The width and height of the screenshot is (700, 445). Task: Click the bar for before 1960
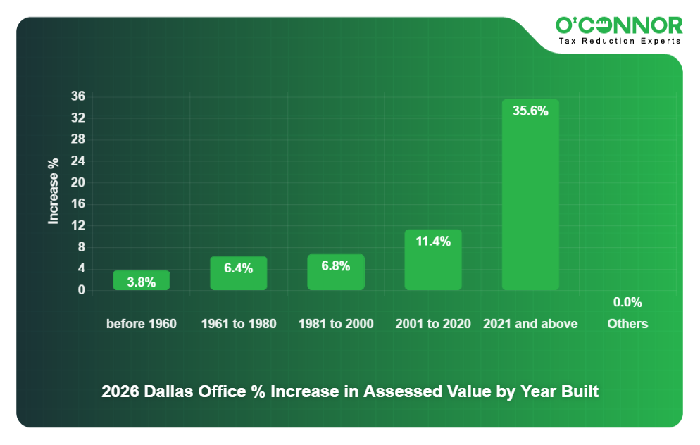[142, 280]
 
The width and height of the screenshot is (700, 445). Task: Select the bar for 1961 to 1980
[239, 273]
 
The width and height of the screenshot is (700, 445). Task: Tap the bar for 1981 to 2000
[336, 272]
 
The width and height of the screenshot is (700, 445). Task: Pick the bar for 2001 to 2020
[433, 260]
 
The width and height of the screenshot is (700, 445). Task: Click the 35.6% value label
[530, 111]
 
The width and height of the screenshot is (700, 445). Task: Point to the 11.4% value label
[433, 241]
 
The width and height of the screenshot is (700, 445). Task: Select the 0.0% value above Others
[627, 302]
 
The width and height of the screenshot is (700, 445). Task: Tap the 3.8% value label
[142, 282]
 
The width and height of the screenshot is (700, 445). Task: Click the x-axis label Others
[627, 324]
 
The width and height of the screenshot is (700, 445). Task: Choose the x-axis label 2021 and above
[530, 324]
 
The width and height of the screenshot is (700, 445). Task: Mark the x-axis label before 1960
[142, 324]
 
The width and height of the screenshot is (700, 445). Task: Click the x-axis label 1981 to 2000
[336, 324]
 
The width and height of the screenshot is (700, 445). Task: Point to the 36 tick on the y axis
[78, 96]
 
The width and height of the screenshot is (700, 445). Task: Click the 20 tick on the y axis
[78, 182]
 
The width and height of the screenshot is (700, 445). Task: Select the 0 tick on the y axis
[82, 290]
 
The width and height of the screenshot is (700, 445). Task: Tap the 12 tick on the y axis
[78, 226]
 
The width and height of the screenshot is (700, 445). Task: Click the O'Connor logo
[619, 25]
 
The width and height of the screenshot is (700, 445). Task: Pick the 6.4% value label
[239, 268]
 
